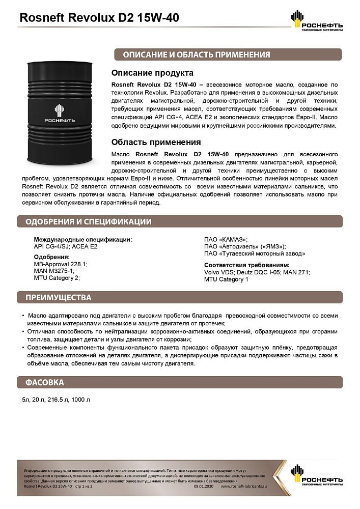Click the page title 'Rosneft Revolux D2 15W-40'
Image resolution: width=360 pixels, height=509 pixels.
tap(99, 18)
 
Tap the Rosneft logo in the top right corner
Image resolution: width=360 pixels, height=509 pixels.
tap(316, 21)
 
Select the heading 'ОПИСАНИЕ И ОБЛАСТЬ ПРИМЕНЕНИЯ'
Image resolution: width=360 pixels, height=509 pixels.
tap(192, 54)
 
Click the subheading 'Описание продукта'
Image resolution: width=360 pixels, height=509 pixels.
tap(152, 73)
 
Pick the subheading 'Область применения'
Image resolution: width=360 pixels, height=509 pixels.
tap(156, 142)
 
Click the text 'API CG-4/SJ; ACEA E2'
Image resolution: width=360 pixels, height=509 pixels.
tap(65, 246)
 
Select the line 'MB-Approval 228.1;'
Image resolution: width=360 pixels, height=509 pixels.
tap(61, 264)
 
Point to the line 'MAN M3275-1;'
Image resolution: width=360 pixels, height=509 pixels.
tap(54, 271)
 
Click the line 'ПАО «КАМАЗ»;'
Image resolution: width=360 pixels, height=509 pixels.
tap(226, 240)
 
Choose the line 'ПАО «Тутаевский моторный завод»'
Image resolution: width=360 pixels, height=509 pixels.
tap(255, 253)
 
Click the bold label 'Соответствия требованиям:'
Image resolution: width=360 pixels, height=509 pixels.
tap(247, 265)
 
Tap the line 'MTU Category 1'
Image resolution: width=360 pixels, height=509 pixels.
tap(226, 279)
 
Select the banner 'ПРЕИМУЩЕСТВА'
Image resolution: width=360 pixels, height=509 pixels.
tap(59, 297)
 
